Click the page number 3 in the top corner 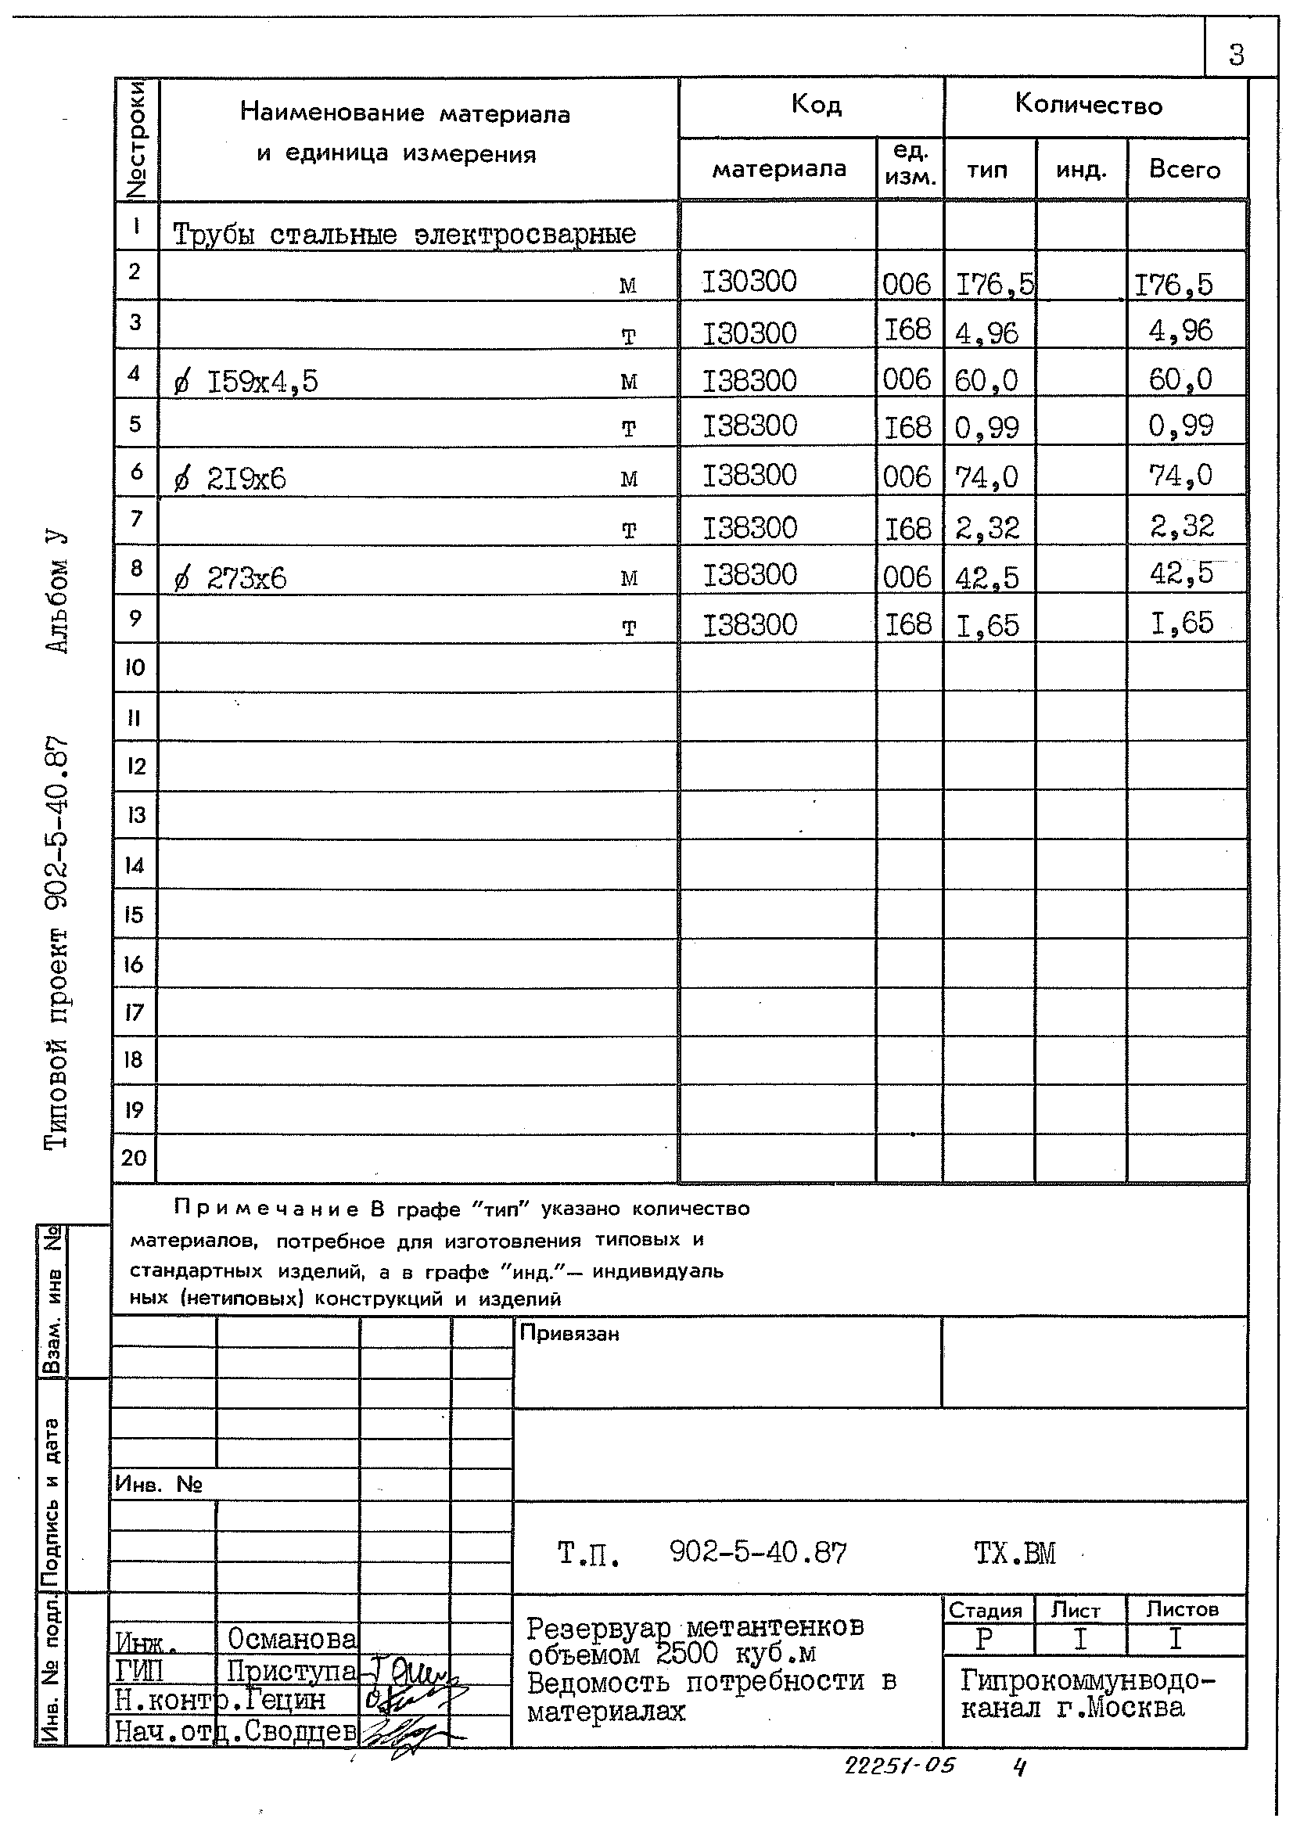1236,55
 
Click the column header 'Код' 816,104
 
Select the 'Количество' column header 1088,105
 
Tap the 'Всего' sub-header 1183,170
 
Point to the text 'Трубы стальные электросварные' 404,234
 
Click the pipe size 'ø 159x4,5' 246,383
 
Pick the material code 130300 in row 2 749,282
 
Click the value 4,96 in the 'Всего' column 1180,331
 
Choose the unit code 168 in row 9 908,624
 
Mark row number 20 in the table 134,1158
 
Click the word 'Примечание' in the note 266,1209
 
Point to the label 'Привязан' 569,1334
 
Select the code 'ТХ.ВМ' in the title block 1015,1554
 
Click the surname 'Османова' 292,1639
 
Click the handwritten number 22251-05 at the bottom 899,1766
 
